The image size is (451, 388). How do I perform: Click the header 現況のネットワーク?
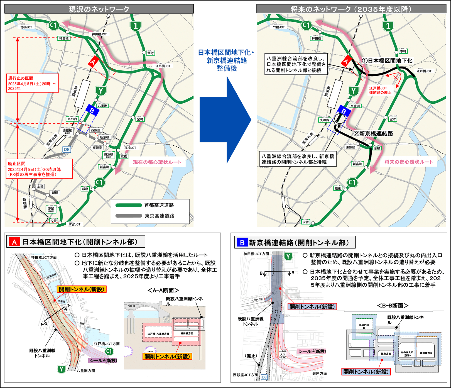pyautogui.click(x=99, y=9)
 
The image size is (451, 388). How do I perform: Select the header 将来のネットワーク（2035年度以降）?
pyautogui.click(x=351, y=9)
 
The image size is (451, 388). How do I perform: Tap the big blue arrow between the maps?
pyautogui.click(x=225, y=120)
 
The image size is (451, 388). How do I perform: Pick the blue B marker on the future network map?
pyautogui.click(x=344, y=111)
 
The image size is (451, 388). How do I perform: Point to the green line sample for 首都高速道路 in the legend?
pyautogui.click(x=129, y=205)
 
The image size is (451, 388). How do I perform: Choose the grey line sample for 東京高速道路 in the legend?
pyautogui.click(x=129, y=216)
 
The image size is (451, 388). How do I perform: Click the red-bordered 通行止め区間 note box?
pyautogui.click(x=33, y=83)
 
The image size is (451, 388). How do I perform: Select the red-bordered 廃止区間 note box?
pyautogui.click(x=39, y=169)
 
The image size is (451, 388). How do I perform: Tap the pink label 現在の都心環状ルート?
pyautogui.click(x=157, y=162)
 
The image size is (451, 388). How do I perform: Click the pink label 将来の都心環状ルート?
pyautogui.click(x=408, y=162)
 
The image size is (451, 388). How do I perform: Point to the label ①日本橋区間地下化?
pyautogui.click(x=387, y=61)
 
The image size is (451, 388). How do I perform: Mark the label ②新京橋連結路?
pyautogui.click(x=373, y=134)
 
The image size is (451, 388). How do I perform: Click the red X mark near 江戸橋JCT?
pyautogui.click(x=395, y=77)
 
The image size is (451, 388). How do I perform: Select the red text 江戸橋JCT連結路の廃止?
pyautogui.click(x=380, y=90)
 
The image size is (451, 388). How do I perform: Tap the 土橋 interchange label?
pyautogui.click(x=40, y=186)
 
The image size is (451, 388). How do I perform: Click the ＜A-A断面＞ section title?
pyautogui.click(x=163, y=291)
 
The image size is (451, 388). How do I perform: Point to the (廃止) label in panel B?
pyautogui.click(x=251, y=356)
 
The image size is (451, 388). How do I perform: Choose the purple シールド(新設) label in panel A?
pyautogui.click(x=103, y=360)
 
